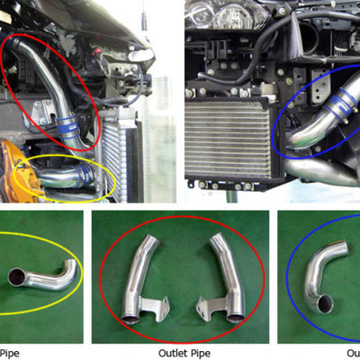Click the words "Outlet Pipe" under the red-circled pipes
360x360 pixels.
point(179,353)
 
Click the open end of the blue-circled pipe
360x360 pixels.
point(320,304)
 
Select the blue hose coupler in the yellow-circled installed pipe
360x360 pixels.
point(85,174)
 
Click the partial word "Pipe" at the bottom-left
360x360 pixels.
point(9,353)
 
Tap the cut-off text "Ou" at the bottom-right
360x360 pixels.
point(352,353)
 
